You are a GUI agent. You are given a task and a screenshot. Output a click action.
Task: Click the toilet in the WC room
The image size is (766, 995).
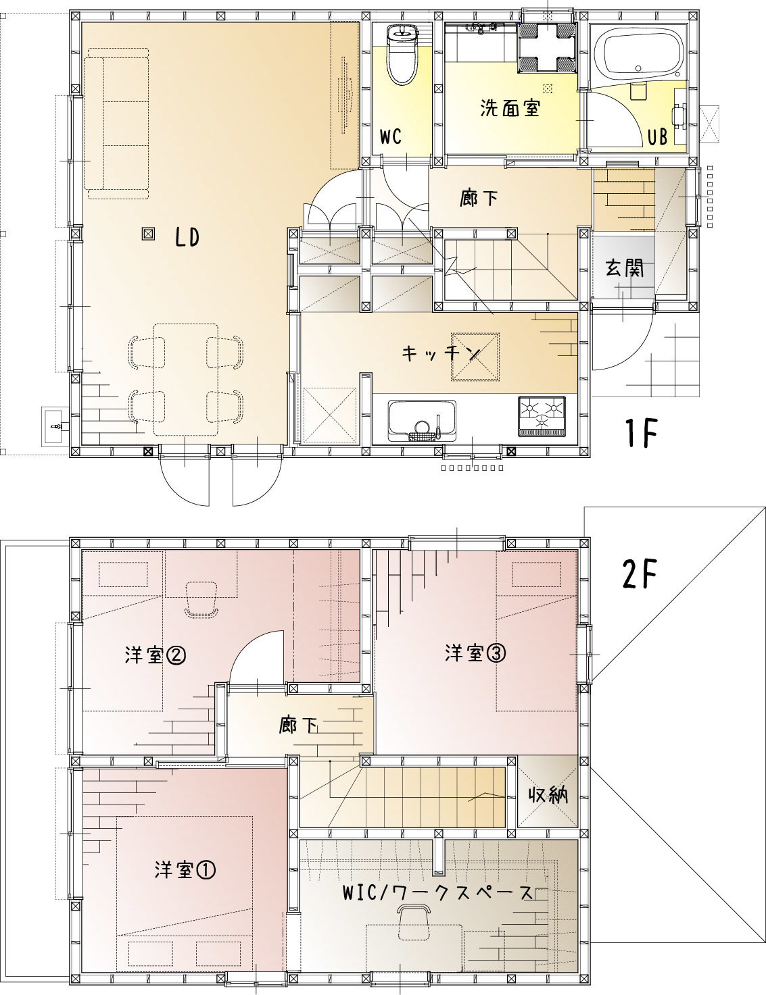(x=402, y=55)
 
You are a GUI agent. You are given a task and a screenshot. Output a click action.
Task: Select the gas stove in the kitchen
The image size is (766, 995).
(x=542, y=417)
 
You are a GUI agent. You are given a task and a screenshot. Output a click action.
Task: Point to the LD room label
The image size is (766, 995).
(x=187, y=238)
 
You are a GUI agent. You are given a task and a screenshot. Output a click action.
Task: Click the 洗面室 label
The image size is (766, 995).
(x=510, y=108)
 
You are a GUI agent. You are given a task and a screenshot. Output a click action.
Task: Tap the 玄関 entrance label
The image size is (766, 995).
(x=625, y=267)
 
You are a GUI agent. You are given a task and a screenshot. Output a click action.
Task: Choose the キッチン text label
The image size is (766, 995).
(x=440, y=353)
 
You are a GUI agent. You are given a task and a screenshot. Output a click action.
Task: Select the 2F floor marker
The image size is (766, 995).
(x=640, y=574)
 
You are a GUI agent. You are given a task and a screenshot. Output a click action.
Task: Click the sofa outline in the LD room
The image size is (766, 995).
(x=118, y=124)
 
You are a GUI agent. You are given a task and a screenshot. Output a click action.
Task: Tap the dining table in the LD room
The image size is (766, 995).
(x=185, y=380)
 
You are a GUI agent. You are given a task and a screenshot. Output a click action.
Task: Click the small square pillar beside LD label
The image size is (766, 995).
(x=148, y=235)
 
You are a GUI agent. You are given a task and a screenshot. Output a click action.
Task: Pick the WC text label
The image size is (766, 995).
(x=391, y=136)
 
